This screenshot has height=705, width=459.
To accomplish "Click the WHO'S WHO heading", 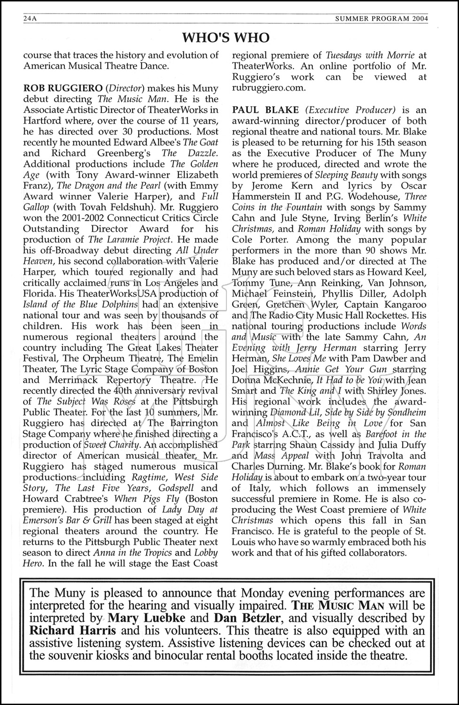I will coord(226,38).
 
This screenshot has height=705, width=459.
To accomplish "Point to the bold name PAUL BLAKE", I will coord(265,110).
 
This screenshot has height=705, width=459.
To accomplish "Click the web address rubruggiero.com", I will coord(269,88).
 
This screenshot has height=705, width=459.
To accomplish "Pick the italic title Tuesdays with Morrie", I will coord(370,55).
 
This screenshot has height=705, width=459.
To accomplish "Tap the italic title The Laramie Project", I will coord(124,239).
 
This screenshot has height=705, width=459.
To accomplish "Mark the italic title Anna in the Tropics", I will coord(135,553).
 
